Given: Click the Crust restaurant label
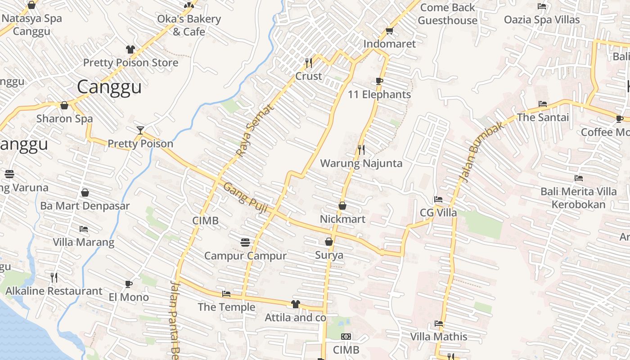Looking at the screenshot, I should [308, 76].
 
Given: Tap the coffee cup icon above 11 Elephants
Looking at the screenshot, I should [379, 81].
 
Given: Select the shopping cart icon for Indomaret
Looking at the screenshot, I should [389, 31].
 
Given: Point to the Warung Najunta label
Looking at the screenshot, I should [361, 163].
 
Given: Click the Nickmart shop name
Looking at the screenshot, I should [342, 219].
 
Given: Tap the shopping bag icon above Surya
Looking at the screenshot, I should [329, 242].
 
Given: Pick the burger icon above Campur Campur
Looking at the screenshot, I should [245, 243].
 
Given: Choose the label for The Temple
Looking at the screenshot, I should [226, 307].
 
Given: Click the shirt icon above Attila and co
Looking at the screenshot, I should [295, 304].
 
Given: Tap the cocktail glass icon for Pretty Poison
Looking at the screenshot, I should [140, 130].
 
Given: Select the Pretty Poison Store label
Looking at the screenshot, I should [130, 63].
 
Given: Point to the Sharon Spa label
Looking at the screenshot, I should [64, 119].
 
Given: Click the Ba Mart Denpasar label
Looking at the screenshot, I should [85, 206].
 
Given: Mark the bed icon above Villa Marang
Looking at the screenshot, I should [84, 229].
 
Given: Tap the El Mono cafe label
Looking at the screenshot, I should [129, 297].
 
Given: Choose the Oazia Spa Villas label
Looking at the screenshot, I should [542, 20].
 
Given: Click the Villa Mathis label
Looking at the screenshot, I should [439, 337].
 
